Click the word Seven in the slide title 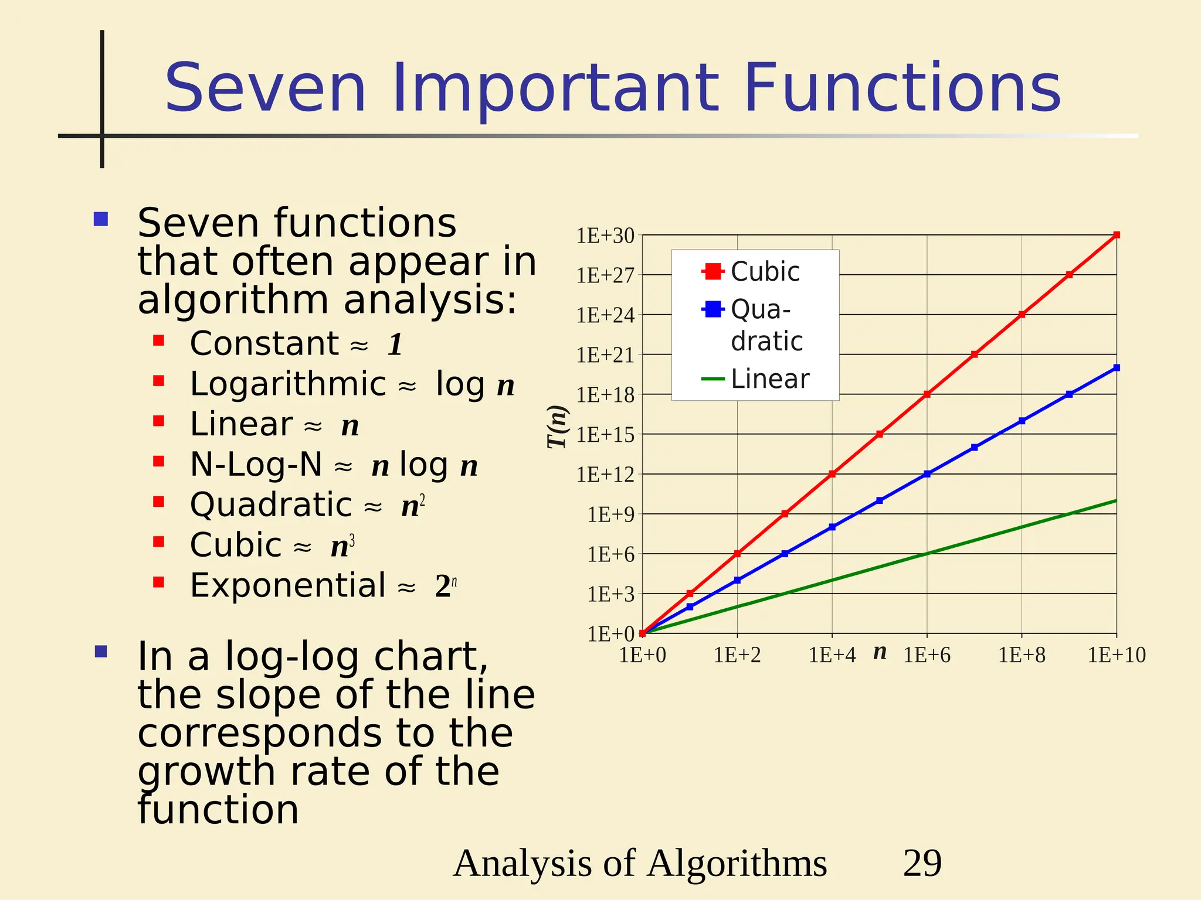(265, 89)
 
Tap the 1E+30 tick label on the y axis (605, 236)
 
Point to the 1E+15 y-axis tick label (605, 435)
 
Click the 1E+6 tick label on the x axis (927, 655)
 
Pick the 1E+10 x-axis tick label (1117, 655)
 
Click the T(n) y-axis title (558, 427)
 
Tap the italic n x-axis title (880, 652)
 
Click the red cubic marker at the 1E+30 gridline (1117, 235)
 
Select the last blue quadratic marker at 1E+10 (1117, 368)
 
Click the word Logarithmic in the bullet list (288, 384)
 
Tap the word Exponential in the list (288, 585)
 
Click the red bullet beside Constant (158, 340)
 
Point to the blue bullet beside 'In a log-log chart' (101, 652)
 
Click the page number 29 (922, 863)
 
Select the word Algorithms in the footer (737, 863)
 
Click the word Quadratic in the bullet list (271, 505)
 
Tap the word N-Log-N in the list (256, 465)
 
